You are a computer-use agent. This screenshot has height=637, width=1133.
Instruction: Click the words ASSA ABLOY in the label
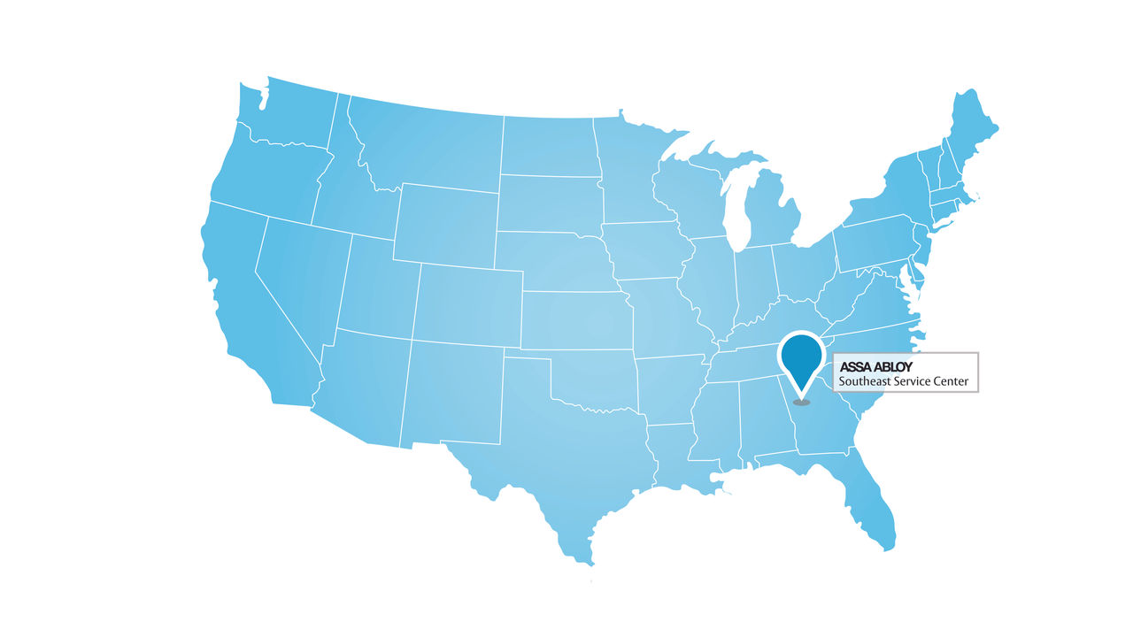pyautogui.click(x=875, y=366)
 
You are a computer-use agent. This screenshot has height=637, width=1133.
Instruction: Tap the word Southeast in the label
pyautogui.click(x=867, y=382)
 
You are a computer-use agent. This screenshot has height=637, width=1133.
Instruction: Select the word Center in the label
pyautogui.click(x=951, y=382)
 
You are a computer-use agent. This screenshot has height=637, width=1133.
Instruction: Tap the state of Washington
pyautogui.click(x=283, y=115)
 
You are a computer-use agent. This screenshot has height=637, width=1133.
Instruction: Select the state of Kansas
pyautogui.click(x=575, y=318)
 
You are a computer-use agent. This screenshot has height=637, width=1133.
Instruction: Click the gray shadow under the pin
pyautogui.click(x=802, y=403)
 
